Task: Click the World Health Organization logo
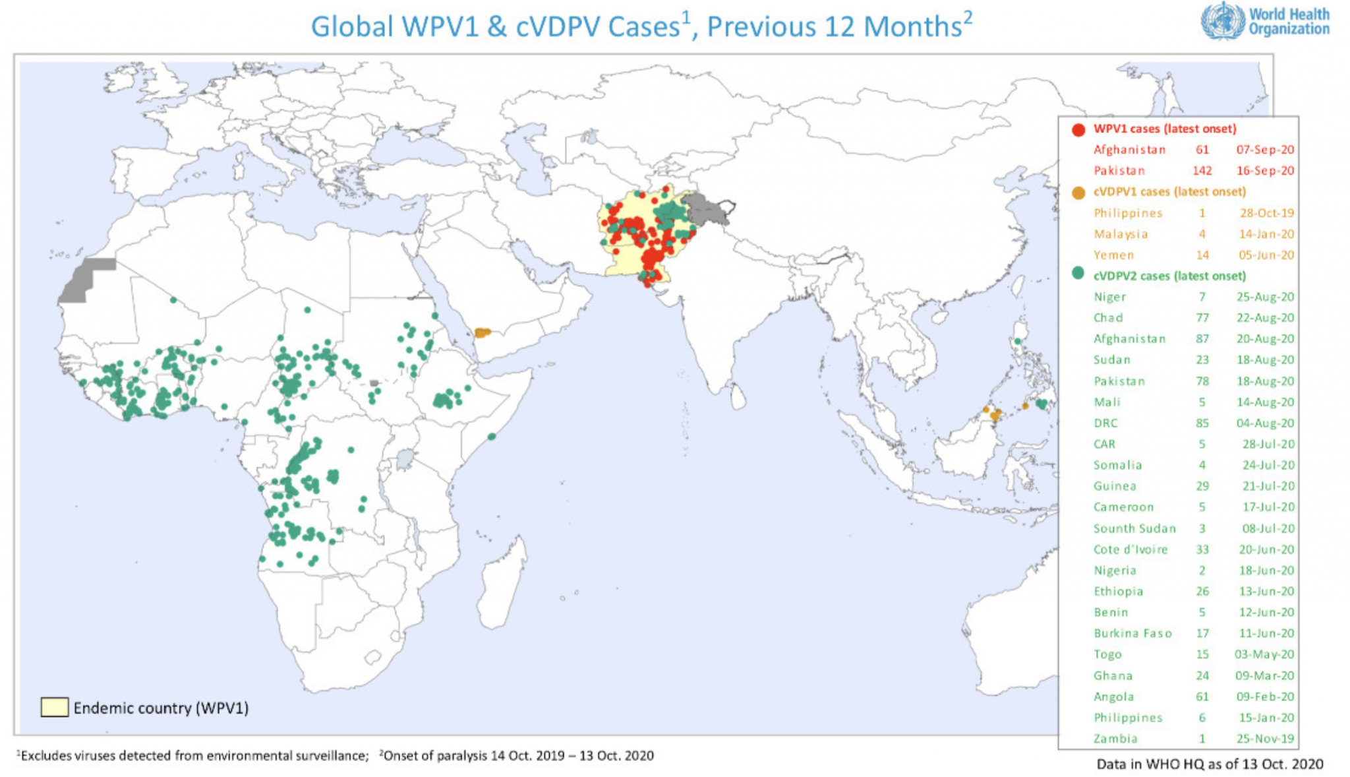pyautogui.click(x=1264, y=22)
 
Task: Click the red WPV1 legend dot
pyautogui.click(x=1078, y=129)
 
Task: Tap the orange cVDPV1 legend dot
pyautogui.click(x=1078, y=193)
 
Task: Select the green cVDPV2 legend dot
pyautogui.click(x=1078, y=273)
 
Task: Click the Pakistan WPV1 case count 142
pyautogui.click(x=1202, y=171)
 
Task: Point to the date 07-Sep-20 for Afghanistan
pyautogui.click(x=1265, y=150)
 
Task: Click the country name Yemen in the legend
pyautogui.click(x=1114, y=255)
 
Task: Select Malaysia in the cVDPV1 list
pyautogui.click(x=1121, y=234)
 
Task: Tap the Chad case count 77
pyautogui.click(x=1202, y=318)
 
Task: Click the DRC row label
pyautogui.click(x=1105, y=423)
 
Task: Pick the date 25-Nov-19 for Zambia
pyautogui.click(x=1265, y=739)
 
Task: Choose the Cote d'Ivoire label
pyautogui.click(x=1130, y=549)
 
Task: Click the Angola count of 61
pyautogui.click(x=1202, y=697)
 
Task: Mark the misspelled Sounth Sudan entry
pyautogui.click(x=1134, y=528)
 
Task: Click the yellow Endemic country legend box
pyautogui.click(x=54, y=707)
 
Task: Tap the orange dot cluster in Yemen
pyautogui.click(x=483, y=332)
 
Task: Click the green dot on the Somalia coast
pyautogui.click(x=491, y=437)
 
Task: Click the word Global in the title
pyautogui.click(x=352, y=27)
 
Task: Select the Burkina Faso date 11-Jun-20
pyautogui.click(x=1265, y=633)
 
